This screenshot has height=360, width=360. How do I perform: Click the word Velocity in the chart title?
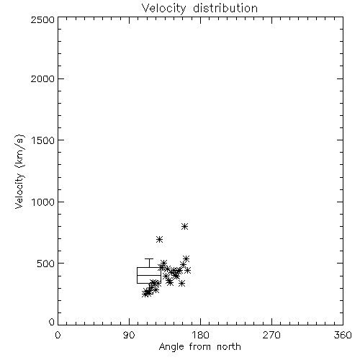[x=164, y=9]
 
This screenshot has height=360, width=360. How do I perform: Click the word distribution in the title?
[x=225, y=8]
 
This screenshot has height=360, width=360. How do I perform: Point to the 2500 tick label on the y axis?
[x=43, y=19]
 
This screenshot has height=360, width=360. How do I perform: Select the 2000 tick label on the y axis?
[x=43, y=78]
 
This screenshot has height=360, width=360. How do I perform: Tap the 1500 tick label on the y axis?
[x=43, y=140]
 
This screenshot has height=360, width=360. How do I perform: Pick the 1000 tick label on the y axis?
[x=43, y=202]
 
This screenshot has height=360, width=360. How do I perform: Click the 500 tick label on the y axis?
[x=46, y=264]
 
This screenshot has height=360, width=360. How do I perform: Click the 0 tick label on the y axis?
[x=52, y=322]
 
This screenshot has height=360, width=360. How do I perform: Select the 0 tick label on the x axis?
[x=58, y=335]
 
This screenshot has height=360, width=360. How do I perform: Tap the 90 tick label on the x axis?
[x=129, y=335]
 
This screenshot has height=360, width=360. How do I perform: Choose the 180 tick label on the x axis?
[x=200, y=335]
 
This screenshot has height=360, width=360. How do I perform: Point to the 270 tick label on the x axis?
[x=271, y=335]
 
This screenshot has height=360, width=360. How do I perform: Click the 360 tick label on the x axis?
[x=343, y=335]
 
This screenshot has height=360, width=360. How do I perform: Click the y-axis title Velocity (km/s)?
[x=19, y=171]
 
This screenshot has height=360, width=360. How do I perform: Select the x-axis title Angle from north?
[x=200, y=347]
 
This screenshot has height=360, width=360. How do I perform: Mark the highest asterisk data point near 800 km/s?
[x=184, y=226]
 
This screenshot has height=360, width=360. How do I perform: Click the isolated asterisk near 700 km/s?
[x=160, y=239]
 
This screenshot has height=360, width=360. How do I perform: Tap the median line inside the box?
[x=149, y=275]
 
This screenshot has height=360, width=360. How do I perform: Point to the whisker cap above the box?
[x=149, y=258]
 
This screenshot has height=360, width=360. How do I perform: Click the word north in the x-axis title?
[x=229, y=346]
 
